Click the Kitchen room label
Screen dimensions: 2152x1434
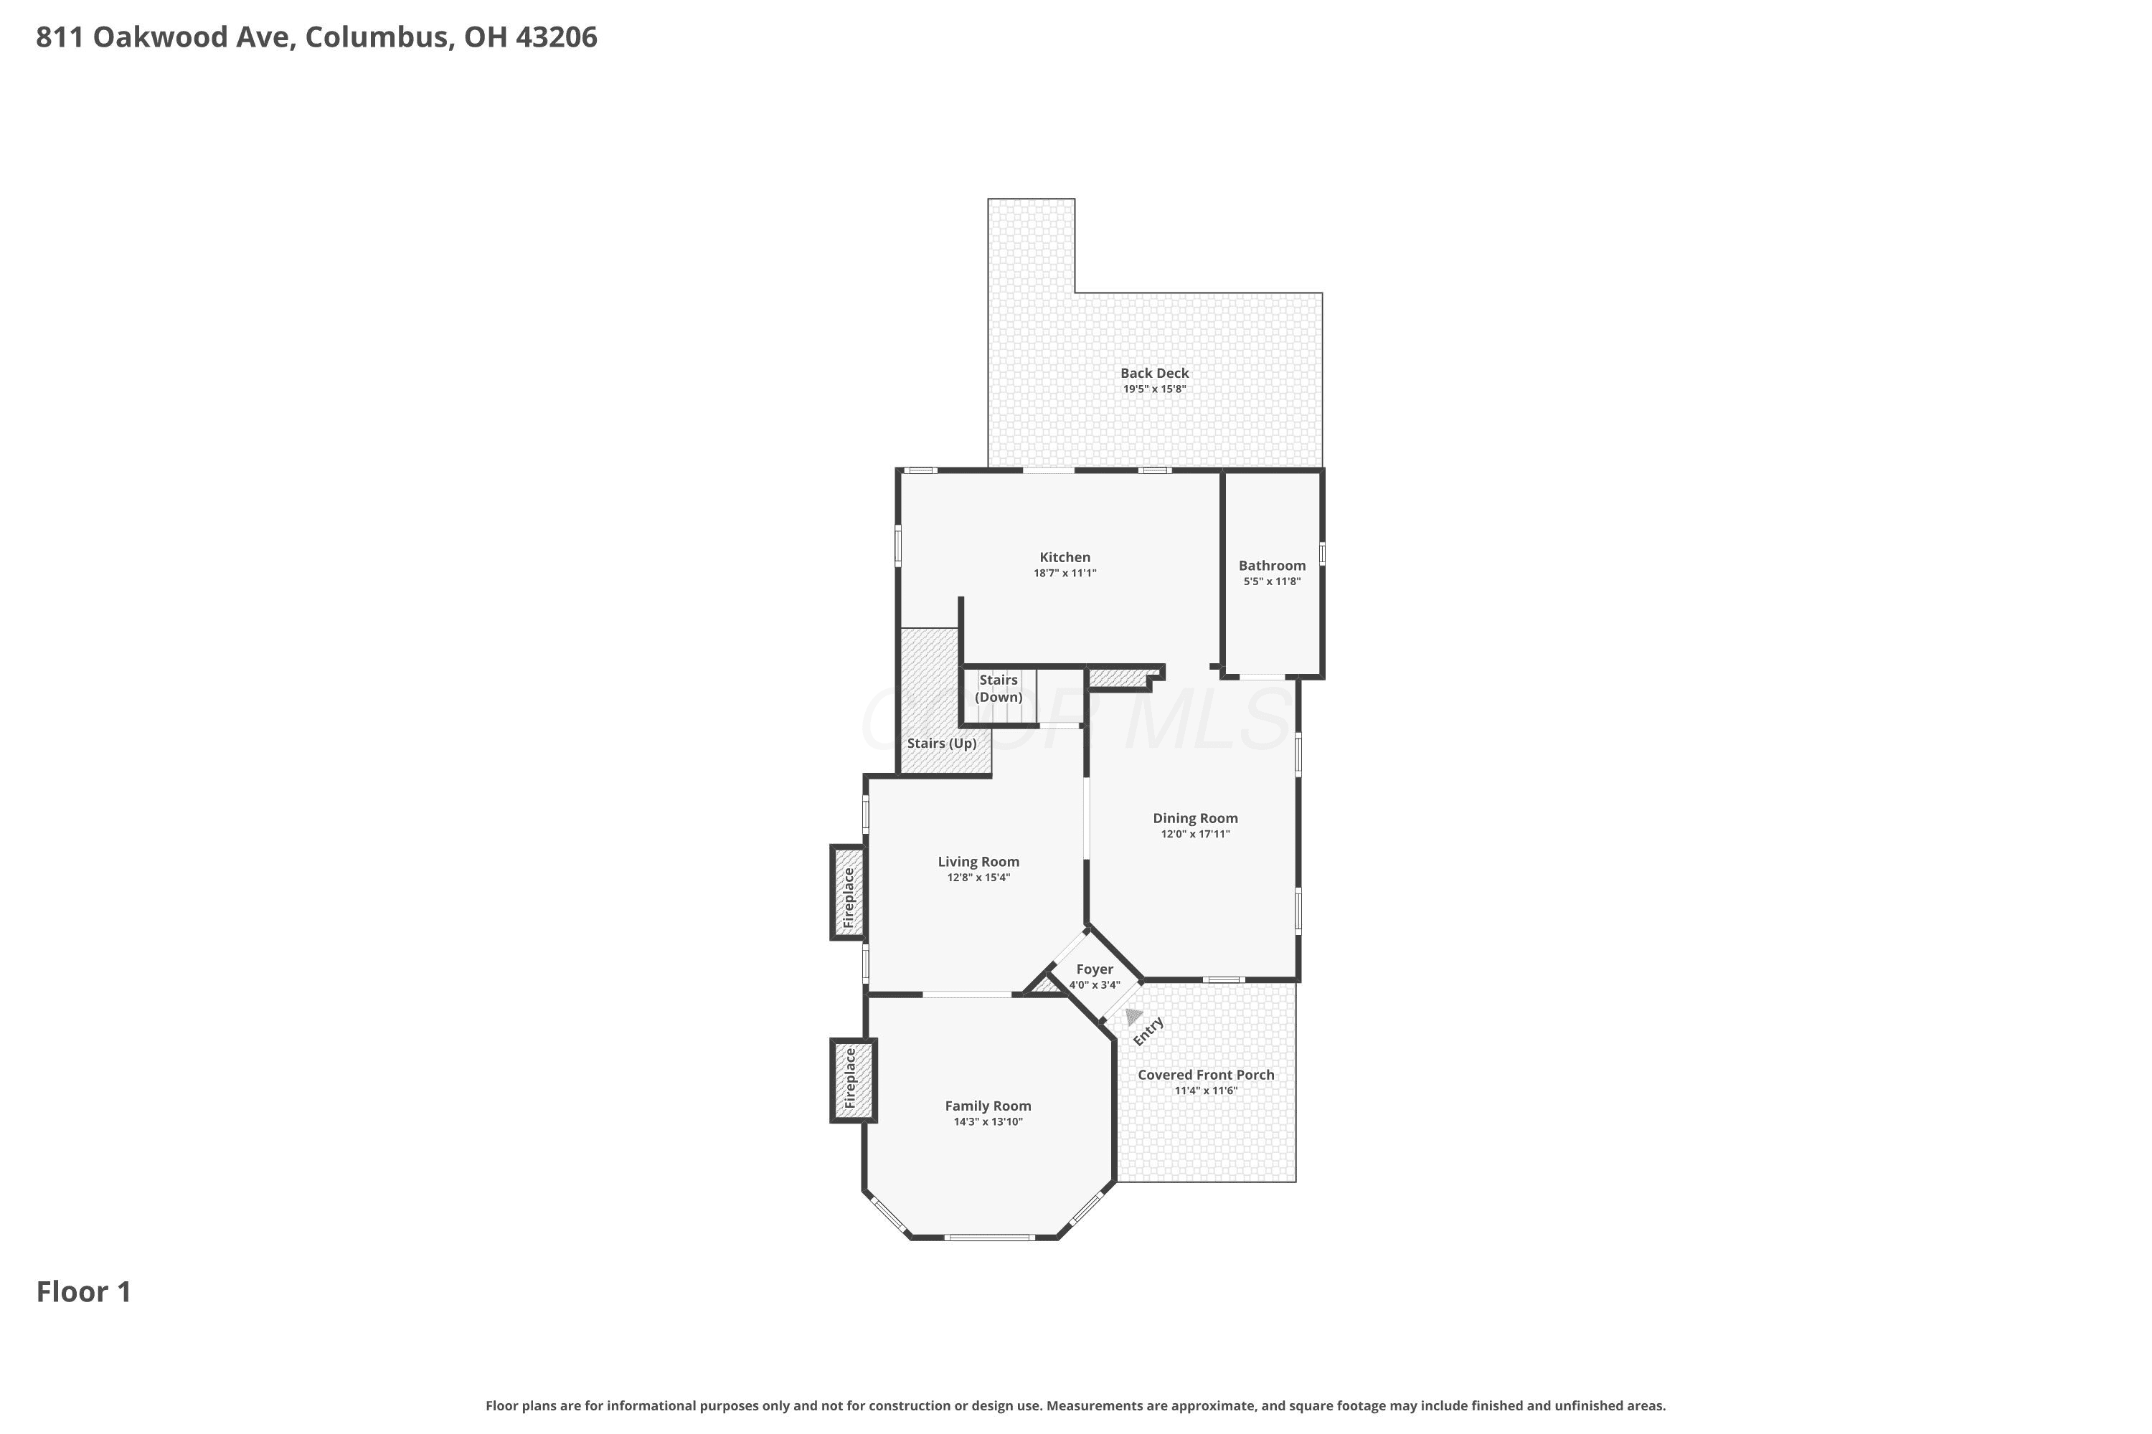(x=1065, y=557)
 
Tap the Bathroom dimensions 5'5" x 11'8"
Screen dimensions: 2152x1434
(x=1272, y=581)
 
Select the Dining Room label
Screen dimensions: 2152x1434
(x=1195, y=819)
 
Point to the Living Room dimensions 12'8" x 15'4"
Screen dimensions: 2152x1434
(x=978, y=878)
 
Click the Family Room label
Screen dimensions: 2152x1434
(x=988, y=1106)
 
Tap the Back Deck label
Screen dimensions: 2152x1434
(x=1155, y=373)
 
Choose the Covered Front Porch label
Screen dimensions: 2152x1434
(x=1206, y=1075)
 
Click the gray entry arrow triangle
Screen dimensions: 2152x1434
(x=1133, y=1017)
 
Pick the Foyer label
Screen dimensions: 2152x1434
(x=1095, y=969)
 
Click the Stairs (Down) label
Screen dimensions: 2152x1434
(x=999, y=688)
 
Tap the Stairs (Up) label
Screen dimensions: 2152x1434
(x=941, y=743)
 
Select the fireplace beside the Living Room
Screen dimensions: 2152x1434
(x=848, y=893)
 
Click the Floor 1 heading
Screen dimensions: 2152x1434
(x=84, y=1291)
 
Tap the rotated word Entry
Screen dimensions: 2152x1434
(x=1148, y=1031)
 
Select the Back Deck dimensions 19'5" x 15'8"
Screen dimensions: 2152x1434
(x=1155, y=389)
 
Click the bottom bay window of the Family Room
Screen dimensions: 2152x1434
(x=989, y=1238)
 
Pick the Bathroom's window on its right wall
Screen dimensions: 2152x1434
(x=1322, y=554)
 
